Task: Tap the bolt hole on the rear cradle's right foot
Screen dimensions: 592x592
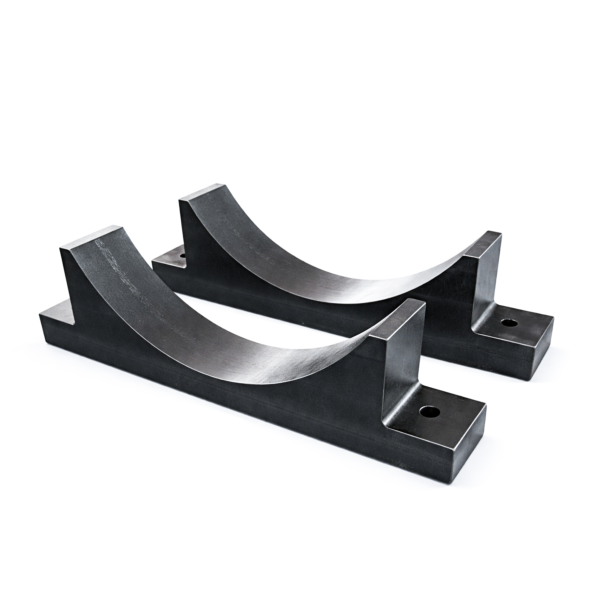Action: click(509, 323)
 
